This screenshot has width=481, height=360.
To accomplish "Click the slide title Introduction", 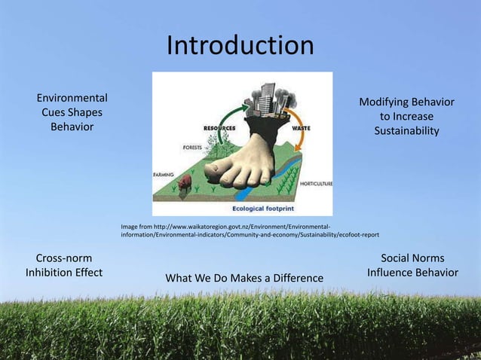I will (240, 46).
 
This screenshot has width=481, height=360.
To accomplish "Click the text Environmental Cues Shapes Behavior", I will (72, 112).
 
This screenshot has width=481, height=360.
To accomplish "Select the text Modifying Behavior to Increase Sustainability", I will (406, 117).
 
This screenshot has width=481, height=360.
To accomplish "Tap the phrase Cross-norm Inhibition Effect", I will (64, 265).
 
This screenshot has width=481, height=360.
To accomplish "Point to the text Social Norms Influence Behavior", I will (412, 265).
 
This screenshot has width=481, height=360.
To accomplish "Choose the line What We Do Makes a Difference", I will (244, 279).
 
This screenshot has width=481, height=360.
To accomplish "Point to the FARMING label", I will (164, 173).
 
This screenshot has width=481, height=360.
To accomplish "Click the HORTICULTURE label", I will (316, 183).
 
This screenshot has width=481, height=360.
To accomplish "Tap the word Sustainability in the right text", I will (406, 132).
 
